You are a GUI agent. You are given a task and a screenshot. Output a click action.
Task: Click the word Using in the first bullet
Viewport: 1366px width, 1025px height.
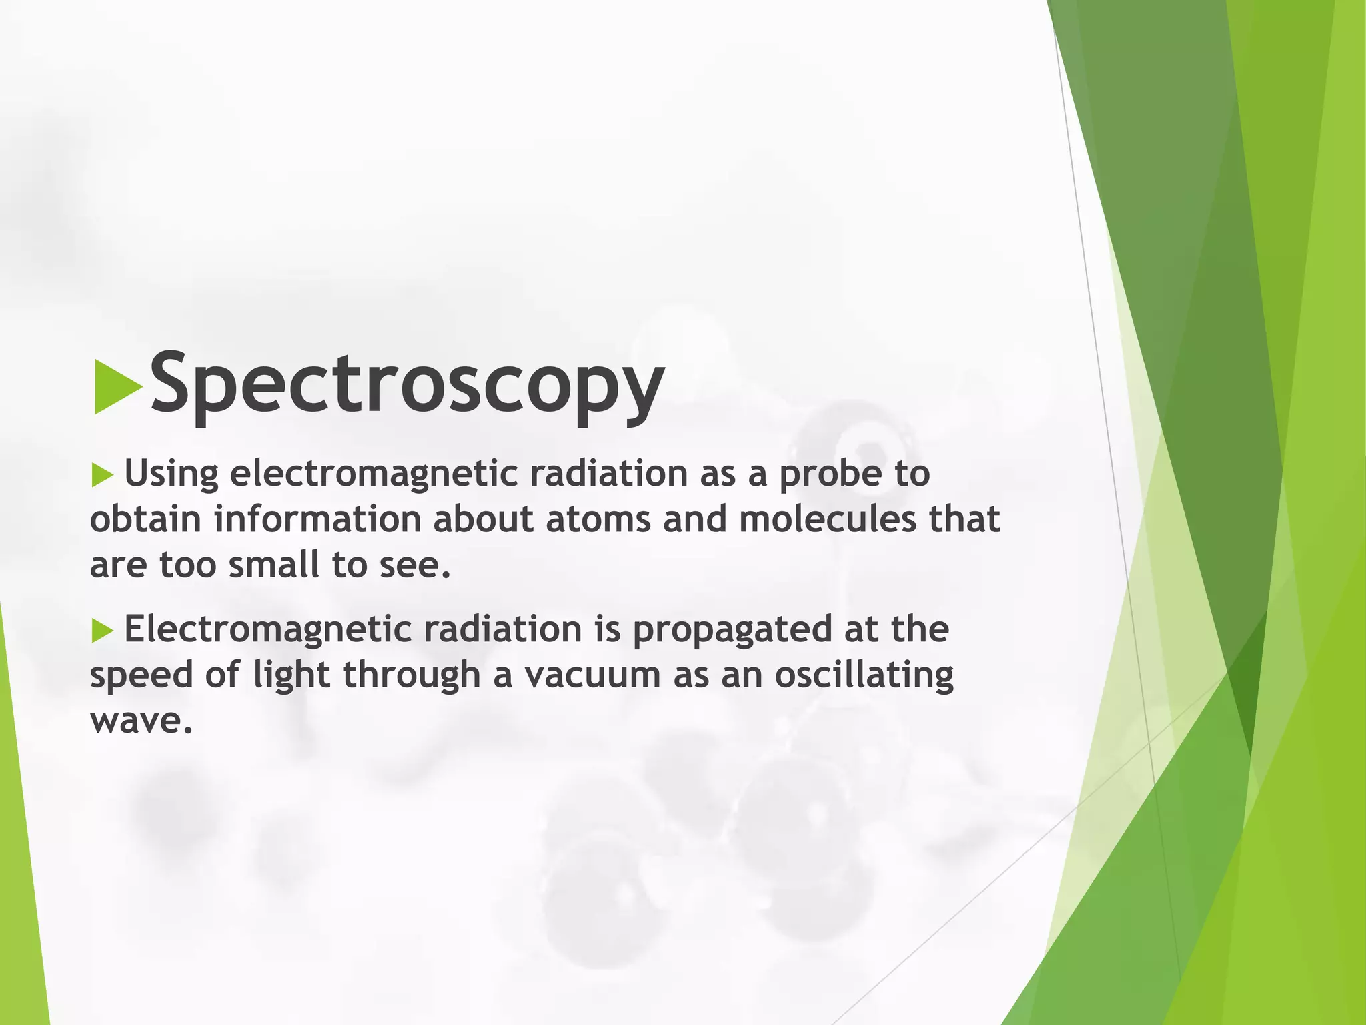click(171, 474)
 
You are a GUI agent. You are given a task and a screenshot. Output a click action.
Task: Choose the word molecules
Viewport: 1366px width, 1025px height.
click(828, 520)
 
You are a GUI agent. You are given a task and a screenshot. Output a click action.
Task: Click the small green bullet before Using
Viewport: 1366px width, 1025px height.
click(103, 476)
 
